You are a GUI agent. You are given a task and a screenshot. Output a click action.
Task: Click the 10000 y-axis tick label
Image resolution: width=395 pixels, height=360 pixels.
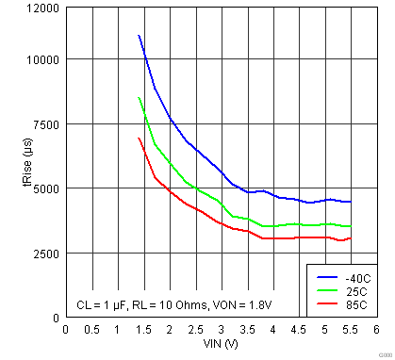(x=41, y=59)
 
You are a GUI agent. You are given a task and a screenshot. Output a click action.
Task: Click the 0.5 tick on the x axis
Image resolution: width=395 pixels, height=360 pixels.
(x=91, y=330)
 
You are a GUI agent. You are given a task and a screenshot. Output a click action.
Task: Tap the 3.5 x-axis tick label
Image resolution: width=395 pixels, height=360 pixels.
(x=246, y=330)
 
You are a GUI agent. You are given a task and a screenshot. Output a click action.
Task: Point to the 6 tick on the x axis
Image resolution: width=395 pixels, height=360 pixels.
(x=375, y=330)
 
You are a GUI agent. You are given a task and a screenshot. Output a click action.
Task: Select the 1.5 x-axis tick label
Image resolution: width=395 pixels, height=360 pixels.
(x=142, y=330)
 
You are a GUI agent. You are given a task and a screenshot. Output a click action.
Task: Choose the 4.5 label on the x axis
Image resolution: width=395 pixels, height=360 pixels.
(x=298, y=330)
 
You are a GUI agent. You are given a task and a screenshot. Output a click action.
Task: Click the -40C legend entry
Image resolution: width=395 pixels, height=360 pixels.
(x=353, y=278)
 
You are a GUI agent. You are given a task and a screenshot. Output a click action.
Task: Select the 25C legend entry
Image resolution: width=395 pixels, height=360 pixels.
(x=353, y=291)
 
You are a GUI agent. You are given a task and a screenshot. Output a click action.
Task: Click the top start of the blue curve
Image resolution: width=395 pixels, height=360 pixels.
(x=139, y=36)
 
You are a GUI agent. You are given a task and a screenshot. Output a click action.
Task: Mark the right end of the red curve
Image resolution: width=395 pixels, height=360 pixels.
(x=350, y=238)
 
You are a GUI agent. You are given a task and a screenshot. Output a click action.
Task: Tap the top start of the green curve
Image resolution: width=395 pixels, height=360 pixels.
(x=139, y=98)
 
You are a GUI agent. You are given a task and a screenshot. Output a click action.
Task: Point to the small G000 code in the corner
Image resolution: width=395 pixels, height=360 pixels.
(x=382, y=353)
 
